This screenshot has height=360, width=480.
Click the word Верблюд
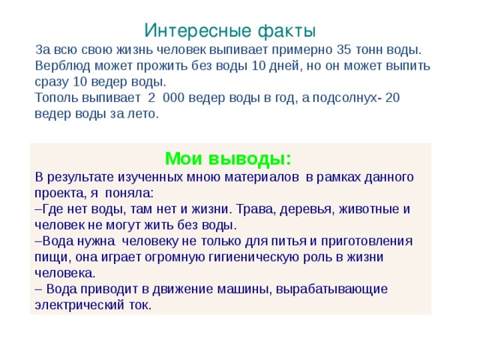62,65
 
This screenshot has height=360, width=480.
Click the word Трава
260,208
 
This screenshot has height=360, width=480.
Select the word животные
368,208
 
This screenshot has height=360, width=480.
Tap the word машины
226,289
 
